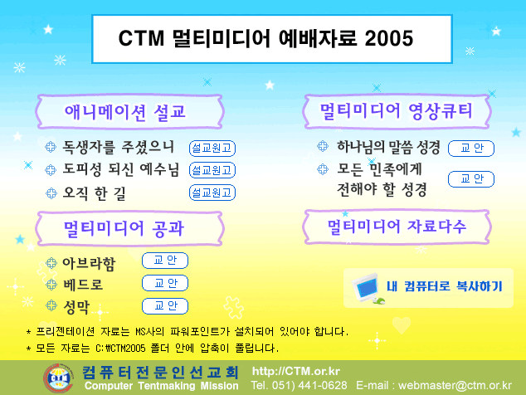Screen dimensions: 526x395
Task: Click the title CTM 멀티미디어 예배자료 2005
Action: point(265,38)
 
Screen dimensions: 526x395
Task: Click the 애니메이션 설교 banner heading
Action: point(124,112)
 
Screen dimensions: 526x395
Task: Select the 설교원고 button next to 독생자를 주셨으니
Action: point(212,149)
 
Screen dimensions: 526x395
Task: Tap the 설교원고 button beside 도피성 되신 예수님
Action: point(212,170)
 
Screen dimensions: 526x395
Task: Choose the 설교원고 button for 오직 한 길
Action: point(212,193)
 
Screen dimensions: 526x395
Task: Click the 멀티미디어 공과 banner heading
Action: point(124,228)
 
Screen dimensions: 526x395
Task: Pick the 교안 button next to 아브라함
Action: point(165,261)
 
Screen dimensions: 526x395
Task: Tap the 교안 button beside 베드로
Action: point(165,283)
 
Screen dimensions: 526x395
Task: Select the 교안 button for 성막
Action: point(165,305)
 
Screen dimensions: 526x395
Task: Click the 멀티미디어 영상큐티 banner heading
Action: point(397,111)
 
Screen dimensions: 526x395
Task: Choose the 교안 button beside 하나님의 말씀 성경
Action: point(471,149)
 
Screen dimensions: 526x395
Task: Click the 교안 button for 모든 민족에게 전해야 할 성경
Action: point(471,179)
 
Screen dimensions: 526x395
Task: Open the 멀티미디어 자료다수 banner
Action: point(397,227)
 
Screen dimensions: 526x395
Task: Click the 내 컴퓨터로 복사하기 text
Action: point(445,286)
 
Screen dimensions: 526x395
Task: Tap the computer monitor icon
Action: point(367,288)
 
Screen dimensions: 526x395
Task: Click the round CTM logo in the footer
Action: point(58,378)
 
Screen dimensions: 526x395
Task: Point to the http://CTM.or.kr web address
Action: point(296,371)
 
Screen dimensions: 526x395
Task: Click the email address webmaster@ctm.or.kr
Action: point(455,386)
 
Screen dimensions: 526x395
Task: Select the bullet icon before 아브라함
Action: point(51,263)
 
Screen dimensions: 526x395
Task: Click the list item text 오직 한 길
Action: point(95,193)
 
